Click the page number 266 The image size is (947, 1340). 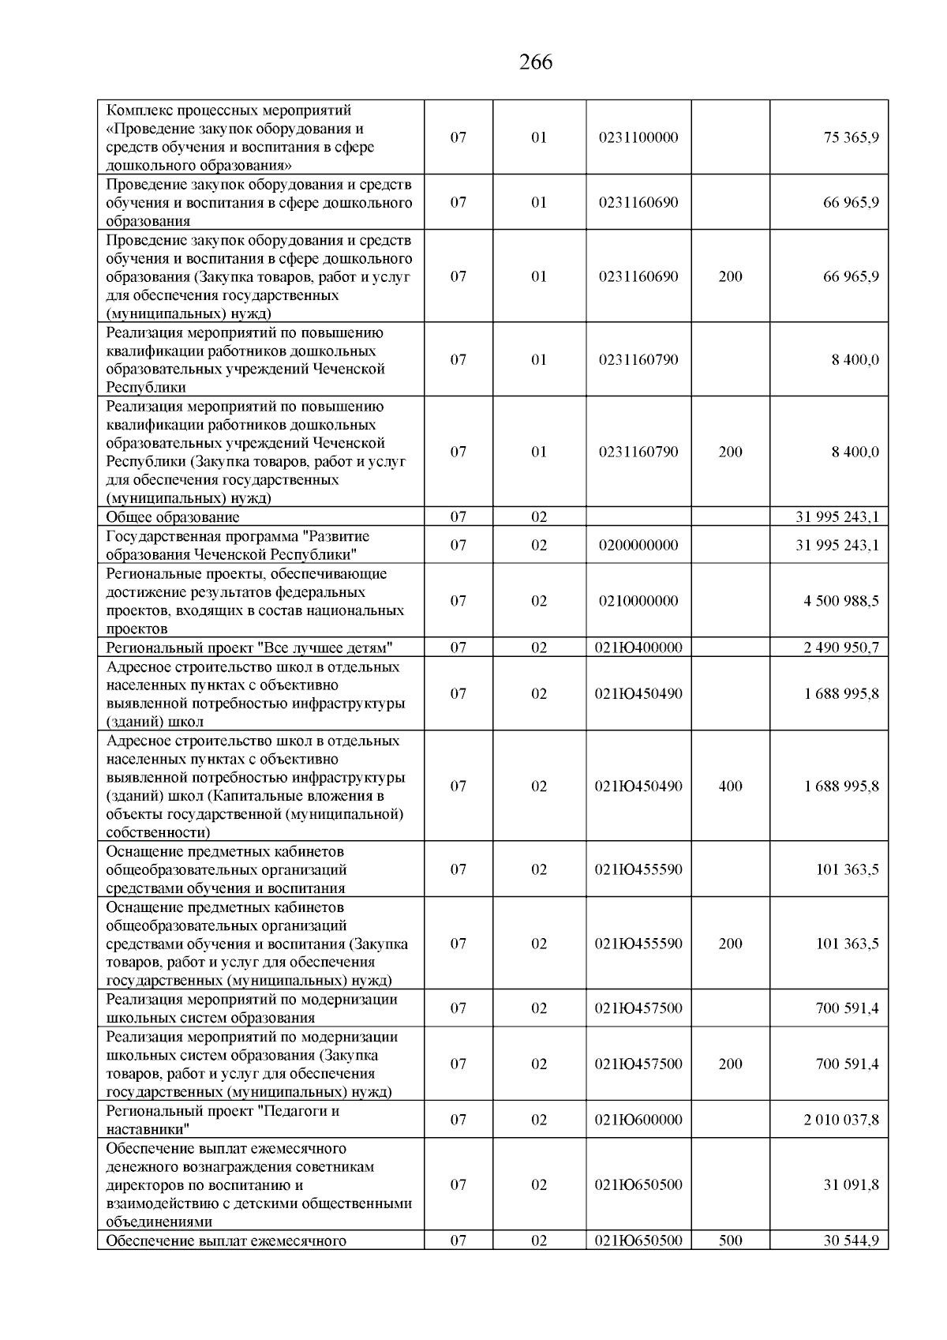(536, 62)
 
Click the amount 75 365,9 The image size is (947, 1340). (851, 137)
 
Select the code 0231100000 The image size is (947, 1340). (638, 137)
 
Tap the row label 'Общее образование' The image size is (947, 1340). (173, 517)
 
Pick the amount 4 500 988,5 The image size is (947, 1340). (841, 601)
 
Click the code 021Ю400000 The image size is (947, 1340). (638, 647)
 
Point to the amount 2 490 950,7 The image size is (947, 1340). (841, 647)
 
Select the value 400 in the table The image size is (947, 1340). (730, 786)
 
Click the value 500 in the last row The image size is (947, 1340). (730, 1241)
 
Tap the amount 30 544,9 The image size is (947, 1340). (851, 1241)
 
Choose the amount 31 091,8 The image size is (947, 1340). (851, 1185)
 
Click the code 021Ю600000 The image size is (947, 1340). (638, 1120)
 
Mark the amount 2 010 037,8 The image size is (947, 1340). (841, 1120)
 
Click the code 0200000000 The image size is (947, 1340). (638, 546)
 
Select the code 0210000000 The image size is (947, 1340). (638, 601)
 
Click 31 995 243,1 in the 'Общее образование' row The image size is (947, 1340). (837, 517)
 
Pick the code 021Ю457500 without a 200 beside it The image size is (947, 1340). (638, 1008)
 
